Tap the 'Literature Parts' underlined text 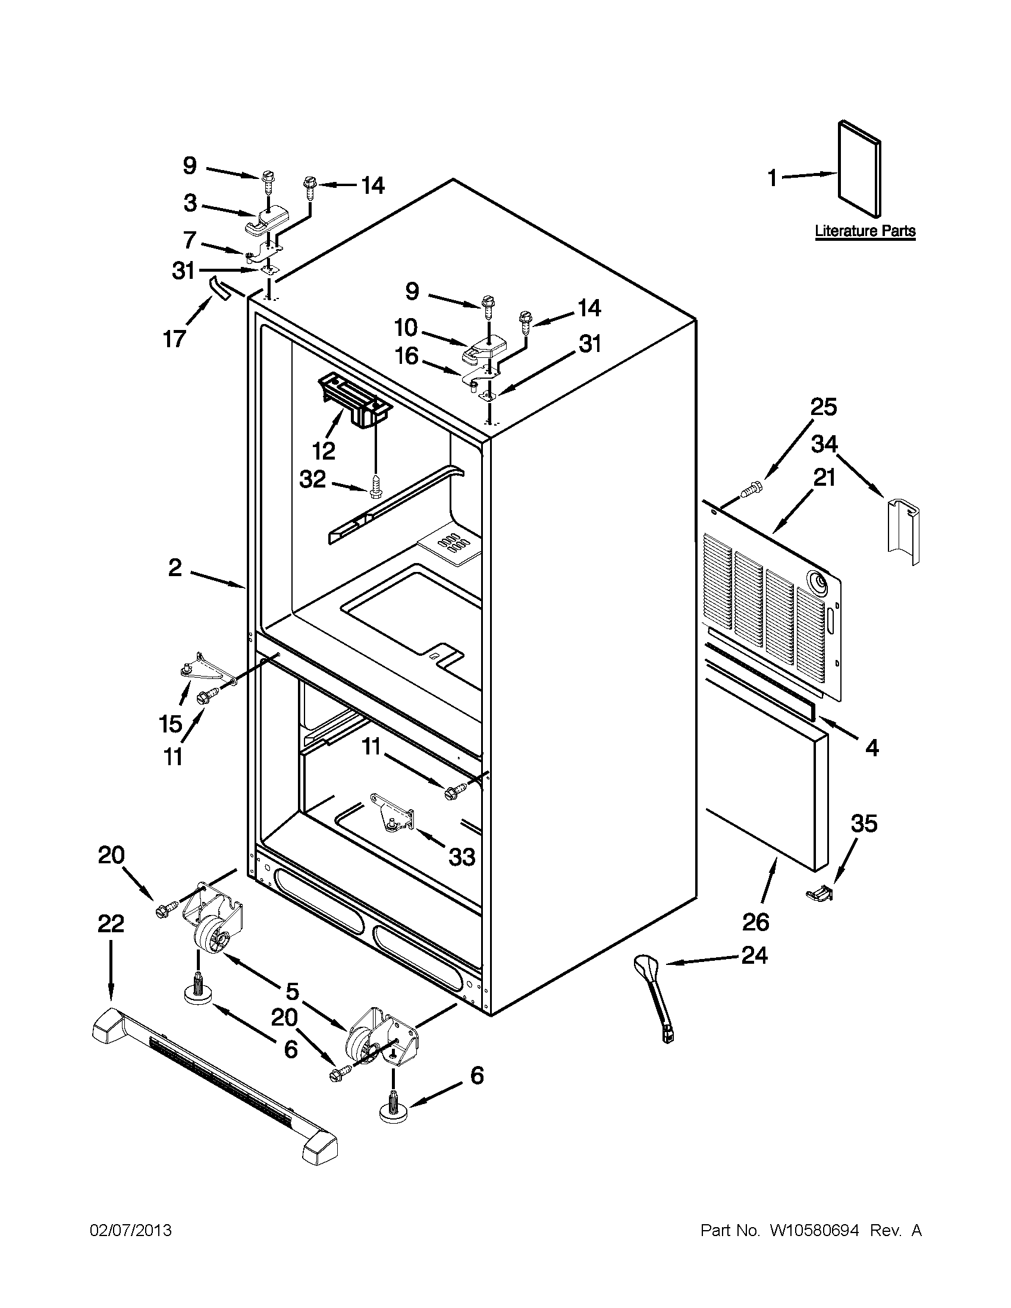865,231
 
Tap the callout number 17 174,339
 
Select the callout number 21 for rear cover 824,478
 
